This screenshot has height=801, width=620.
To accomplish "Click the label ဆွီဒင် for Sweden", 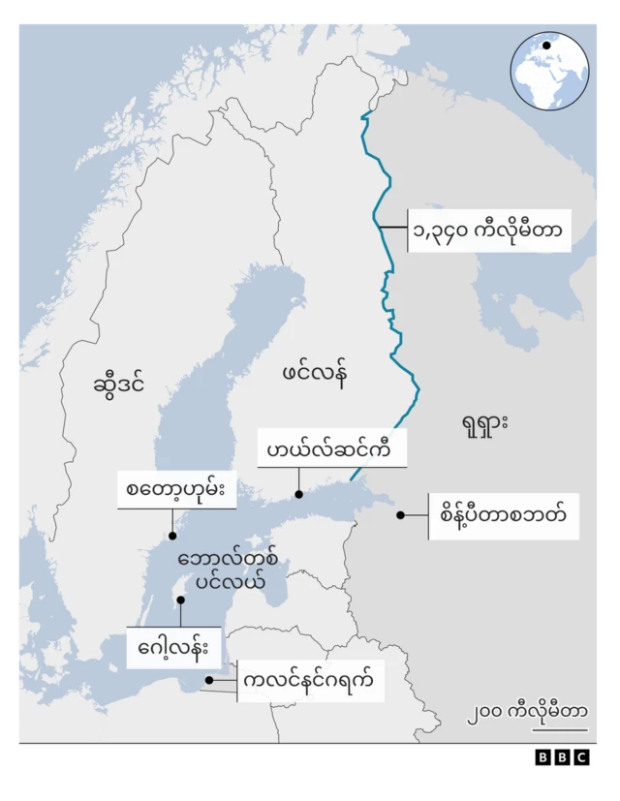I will coord(120,384).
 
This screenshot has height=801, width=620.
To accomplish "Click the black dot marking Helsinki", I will coord(299,495).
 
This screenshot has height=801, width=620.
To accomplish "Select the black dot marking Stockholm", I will coord(171,536).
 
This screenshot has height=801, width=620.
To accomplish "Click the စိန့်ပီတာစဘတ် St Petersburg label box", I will coord(504,515).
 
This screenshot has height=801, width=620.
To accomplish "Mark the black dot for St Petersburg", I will coord(398,515).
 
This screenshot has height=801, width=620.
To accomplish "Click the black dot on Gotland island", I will coord(180,600).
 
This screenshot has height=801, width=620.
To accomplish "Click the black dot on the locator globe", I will coord(546,46).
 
